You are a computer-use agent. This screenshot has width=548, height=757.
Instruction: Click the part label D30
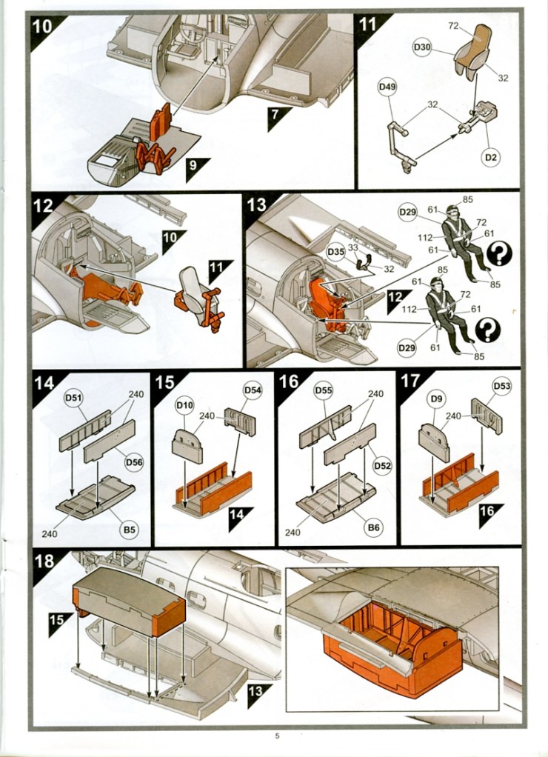(421, 48)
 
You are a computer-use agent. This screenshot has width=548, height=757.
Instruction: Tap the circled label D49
(387, 87)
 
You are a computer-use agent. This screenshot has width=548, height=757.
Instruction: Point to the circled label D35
(335, 253)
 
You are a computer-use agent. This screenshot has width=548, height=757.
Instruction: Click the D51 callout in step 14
(73, 398)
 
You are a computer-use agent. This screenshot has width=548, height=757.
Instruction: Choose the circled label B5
(129, 530)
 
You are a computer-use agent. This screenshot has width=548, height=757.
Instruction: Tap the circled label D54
(253, 390)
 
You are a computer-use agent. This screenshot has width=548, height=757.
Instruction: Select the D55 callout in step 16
(324, 390)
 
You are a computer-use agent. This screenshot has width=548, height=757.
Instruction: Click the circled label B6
(374, 526)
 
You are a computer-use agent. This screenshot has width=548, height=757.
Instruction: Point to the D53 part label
(502, 386)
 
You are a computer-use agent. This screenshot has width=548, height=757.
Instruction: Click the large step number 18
(45, 561)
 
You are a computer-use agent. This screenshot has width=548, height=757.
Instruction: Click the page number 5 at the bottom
(277, 736)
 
